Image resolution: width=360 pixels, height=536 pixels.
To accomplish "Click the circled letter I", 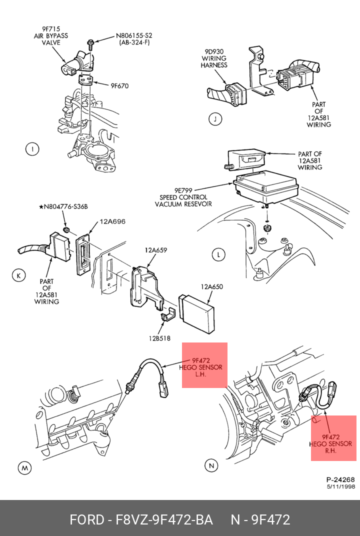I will (32, 148).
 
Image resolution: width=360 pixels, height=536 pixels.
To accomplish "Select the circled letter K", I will (18, 275).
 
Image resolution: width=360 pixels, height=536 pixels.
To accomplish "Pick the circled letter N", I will (211, 466).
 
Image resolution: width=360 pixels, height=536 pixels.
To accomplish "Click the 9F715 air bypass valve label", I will (51, 36).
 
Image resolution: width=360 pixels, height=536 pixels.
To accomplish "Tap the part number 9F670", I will (119, 86).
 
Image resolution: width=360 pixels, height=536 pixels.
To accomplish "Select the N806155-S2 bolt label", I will (134, 39).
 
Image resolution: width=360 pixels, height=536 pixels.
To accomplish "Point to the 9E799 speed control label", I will (183, 197).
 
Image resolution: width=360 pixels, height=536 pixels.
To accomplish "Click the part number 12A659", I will (156, 249).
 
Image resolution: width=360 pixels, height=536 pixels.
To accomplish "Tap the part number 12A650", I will (212, 287).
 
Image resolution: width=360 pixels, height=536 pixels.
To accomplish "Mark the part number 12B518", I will (159, 338).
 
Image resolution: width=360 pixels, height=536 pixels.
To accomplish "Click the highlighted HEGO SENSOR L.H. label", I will (201, 367).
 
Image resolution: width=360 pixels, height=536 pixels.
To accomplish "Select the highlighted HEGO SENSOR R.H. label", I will (330, 443).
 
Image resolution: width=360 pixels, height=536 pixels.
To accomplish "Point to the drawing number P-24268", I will (340, 479).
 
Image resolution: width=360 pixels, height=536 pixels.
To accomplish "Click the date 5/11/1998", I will (340, 486).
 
